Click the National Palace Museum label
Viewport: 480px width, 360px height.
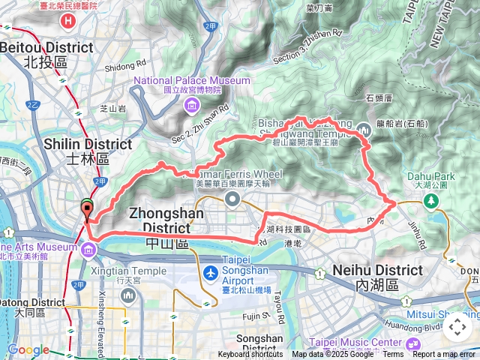point(192,80)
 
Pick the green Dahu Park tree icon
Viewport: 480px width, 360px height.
point(431,201)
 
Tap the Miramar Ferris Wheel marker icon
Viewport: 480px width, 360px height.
point(232,199)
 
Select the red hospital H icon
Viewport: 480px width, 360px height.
point(68,19)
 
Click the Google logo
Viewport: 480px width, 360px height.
point(28,349)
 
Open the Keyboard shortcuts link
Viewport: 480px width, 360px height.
point(250,355)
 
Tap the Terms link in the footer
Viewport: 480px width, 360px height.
point(393,355)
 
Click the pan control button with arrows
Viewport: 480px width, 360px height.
point(457,327)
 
